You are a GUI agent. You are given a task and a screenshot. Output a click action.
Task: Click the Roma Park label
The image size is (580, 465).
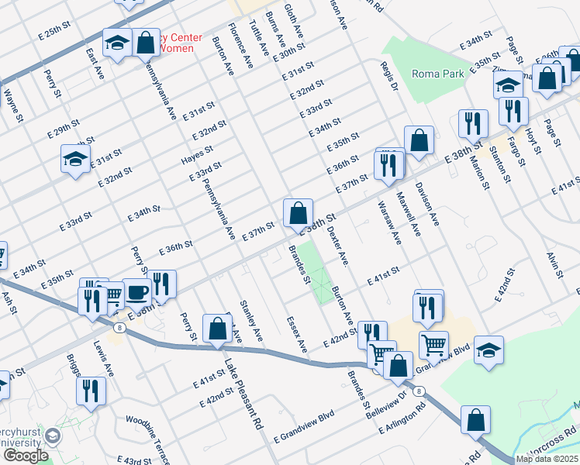coord(437,74)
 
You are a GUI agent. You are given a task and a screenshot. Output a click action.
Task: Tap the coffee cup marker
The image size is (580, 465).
coord(137,292)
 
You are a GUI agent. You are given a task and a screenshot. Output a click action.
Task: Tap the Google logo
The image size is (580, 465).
coord(25,455)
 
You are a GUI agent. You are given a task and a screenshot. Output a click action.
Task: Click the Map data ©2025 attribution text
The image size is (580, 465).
coord(547,459)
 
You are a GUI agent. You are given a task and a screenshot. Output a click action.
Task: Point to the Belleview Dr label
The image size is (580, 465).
coord(386,404)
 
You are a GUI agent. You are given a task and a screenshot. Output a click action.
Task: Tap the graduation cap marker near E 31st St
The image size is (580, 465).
coord(74,160)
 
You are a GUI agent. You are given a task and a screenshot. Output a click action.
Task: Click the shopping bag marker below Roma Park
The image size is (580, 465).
coord(419,140)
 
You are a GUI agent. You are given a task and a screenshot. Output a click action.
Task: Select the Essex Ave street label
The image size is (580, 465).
coord(296,334)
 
